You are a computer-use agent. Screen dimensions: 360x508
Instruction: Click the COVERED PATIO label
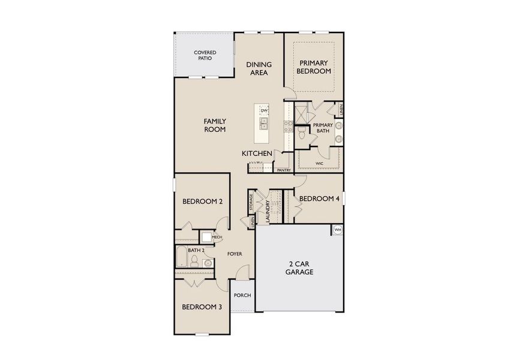[205, 56]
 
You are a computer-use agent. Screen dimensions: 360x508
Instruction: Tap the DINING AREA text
[259, 68]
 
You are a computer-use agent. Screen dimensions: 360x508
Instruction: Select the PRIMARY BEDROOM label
[315, 66]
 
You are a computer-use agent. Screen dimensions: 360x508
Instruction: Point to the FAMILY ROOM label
[214, 125]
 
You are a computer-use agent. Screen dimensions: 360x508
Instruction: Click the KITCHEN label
[257, 154]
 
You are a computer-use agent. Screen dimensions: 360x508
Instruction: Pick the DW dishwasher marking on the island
[264, 111]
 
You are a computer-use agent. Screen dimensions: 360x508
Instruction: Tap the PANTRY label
[284, 170]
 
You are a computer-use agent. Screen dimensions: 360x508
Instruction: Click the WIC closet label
[319, 163]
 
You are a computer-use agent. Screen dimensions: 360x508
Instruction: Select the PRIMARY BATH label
[322, 128]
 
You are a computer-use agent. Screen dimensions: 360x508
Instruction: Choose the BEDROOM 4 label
[319, 199]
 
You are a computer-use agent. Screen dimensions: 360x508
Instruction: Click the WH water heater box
[337, 230]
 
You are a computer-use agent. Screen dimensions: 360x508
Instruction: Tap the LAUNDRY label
[260, 212]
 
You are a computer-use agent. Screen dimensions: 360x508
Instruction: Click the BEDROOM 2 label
[202, 202]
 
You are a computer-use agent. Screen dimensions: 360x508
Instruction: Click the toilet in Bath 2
[194, 260]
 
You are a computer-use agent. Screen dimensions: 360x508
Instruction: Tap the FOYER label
[235, 254]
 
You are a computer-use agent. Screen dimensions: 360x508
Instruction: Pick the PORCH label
[242, 295]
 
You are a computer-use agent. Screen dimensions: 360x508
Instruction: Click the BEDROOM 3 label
[202, 307]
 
